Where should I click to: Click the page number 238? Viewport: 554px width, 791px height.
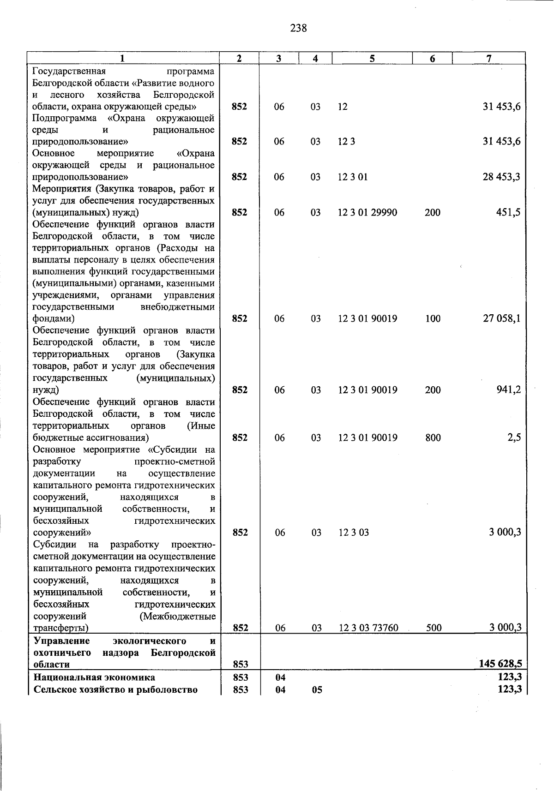[x=298, y=28]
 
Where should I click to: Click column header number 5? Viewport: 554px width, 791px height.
[x=372, y=59]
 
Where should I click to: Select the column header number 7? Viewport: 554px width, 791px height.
[x=488, y=59]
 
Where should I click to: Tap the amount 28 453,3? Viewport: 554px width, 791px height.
[x=501, y=177]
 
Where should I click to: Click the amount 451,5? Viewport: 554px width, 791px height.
[x=508, y=212]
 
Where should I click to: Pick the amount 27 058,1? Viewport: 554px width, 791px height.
[x=501, y=318]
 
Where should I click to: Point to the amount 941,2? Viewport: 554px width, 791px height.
[x=508, y=390]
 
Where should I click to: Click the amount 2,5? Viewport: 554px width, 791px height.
[x=514, y=437]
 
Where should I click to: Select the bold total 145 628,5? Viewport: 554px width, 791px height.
[x=500, y=664]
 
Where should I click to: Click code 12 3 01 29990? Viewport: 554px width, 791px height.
[x=367, y=212]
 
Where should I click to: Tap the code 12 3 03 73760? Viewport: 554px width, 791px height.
[x=368, y=628]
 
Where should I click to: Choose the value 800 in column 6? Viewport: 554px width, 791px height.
[x=433, y=437]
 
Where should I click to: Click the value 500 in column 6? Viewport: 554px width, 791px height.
[x=434, y=628]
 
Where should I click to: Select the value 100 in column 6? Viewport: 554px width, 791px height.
[x=433, y=318]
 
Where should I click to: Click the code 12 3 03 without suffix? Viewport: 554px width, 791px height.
[x=354, y=533]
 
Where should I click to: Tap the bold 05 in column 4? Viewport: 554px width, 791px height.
[x=317, y=690]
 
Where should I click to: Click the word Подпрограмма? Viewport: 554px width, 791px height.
[x=64, y=118]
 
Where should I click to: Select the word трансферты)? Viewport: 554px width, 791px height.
[x=61, y=628]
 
